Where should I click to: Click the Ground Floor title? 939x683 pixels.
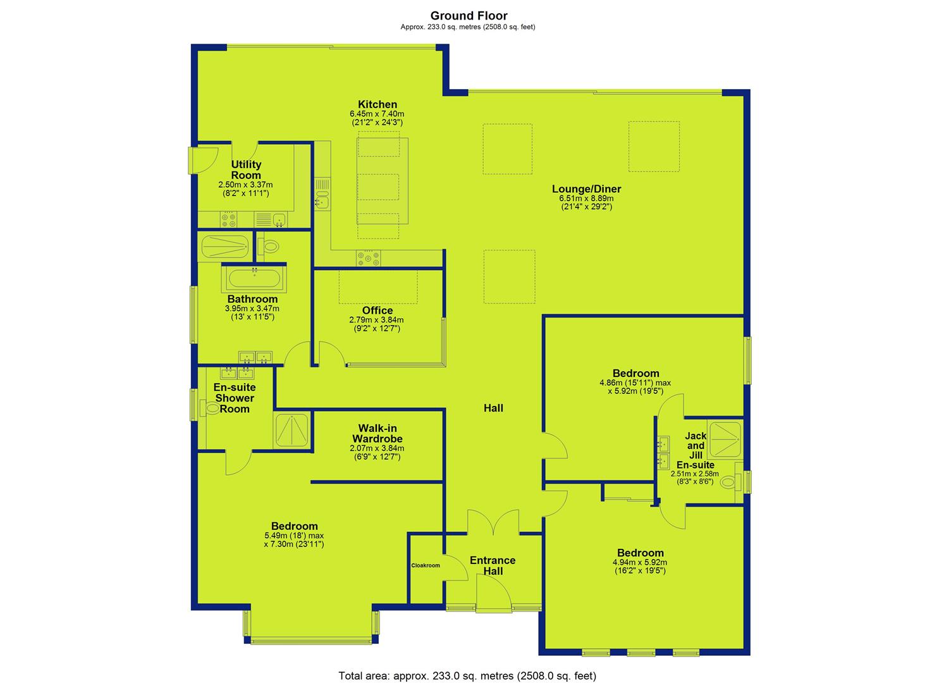469,16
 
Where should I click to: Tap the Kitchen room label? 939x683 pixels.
377,104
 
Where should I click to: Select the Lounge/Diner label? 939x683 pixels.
586,189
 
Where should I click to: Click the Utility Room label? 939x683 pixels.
246,170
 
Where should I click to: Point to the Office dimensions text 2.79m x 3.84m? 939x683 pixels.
376,320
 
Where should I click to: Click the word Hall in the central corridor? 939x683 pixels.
493,409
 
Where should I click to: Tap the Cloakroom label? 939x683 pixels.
426,565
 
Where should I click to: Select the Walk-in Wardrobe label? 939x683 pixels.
377,434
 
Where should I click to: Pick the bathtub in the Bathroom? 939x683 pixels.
254,278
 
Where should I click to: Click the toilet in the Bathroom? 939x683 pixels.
268,246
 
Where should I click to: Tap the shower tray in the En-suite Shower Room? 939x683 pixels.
292,430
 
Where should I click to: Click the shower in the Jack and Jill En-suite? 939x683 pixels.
725,440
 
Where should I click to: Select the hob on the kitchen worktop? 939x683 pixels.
369,257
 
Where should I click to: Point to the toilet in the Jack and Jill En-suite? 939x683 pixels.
730,483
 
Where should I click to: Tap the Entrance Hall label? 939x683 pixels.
493,565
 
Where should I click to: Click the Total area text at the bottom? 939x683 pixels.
467,664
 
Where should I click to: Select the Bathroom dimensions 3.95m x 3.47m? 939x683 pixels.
252,308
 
